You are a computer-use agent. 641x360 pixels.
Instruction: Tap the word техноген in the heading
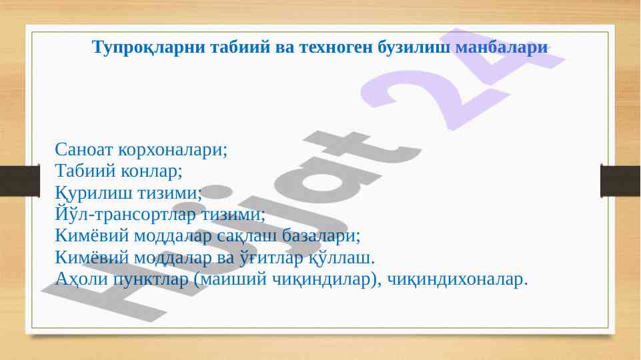tap(336, 47)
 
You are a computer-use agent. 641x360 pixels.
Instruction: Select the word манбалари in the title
tap(502, 47)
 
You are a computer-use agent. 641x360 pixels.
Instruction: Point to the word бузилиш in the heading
tap(414, 47)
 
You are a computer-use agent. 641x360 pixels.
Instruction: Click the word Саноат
tap(84, 149)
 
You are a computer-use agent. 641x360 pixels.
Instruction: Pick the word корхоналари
tap(173, 150)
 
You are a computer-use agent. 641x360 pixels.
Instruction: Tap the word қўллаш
tap(342, 258)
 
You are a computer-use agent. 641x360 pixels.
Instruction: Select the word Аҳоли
tap(81, 279)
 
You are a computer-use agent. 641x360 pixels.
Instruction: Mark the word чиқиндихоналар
tap(458, 279)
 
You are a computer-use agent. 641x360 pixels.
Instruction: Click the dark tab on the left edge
tap(20, 181)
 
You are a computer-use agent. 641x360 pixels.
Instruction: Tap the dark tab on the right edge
tap(620, 181)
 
